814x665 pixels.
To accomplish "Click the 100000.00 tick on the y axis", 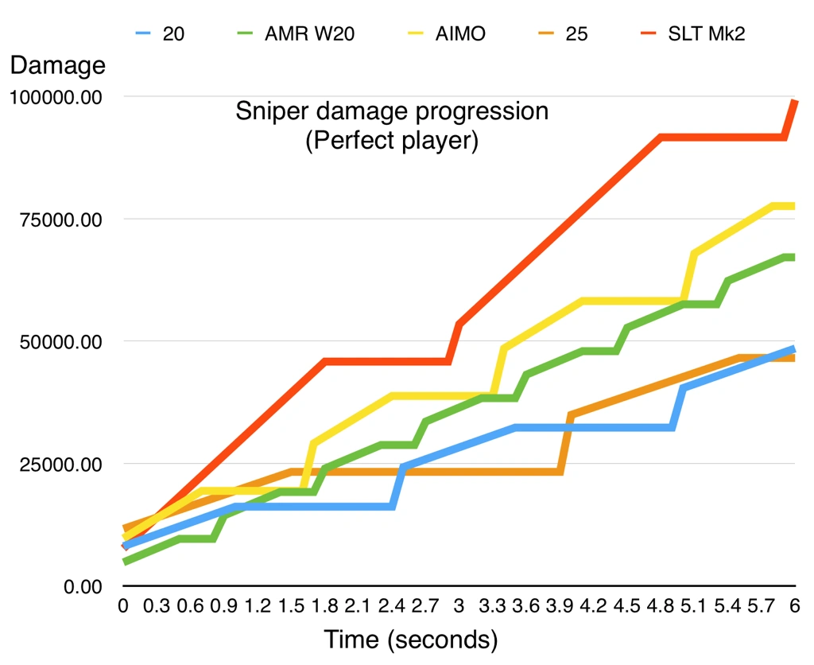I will [55, 97].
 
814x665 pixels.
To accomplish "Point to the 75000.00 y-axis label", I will [60, 220].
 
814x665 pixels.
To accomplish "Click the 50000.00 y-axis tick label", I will [60, 342].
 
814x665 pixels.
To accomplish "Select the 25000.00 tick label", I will [60, 465].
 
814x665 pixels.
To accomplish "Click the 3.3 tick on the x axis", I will [493, 605].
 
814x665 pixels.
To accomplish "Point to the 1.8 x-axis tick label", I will [325, 605].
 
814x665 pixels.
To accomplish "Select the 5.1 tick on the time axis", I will [694, 605].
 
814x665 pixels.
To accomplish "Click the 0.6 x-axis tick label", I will [191, 605].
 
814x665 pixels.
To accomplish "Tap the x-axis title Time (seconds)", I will [410, 639].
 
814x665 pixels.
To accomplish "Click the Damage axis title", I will [57, 65].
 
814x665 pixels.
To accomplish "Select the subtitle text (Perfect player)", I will [391, 142].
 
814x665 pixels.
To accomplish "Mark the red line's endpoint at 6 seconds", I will [794, 101].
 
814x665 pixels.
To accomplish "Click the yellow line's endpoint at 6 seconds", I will [793, 206].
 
